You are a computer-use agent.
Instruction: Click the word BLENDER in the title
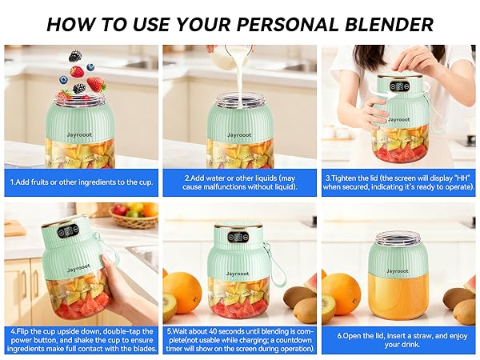pyautogui.click(x=389, y=25)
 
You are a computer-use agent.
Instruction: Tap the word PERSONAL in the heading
pyautogui.click(x=287, y=25)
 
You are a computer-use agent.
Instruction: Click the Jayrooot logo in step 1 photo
pyautogui.click(x=79, y=134)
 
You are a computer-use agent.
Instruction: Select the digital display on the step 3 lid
pyautogui.click(x=399, y=86)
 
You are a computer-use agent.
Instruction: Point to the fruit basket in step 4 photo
pyautogui.click(x=134, y=215)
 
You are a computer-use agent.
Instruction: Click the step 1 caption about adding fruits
pyautogui.click(x=81, y=182)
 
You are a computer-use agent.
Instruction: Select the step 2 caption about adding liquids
pyautogui.click(x=240, y=182)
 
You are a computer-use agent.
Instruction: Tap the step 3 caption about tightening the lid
pyautogui.click(x=398, y=182)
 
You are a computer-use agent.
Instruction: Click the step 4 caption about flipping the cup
pyautogui.click(x=82, y=340)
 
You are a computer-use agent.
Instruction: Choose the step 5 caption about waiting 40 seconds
pyautogui.click(x=240, y=340)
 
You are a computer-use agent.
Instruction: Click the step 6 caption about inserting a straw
pyautogui.click(x=402, y=340)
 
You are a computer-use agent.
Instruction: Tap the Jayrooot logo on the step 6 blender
pyautogui.click(x=398, y=271)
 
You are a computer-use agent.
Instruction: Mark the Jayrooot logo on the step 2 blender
pyautogui.click(x=239, y=134)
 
